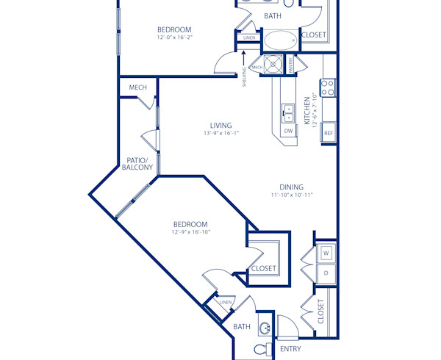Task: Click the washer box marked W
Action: tap(326, 253)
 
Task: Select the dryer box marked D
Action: tap(326, 273)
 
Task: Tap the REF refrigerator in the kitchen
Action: tap(329, 133)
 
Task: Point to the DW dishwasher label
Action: tap(288, 132)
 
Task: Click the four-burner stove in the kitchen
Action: tap(329, 88)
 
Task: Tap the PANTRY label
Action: tap(290, 65)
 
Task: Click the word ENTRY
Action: tap(290, 349)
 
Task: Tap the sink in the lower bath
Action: tap(265, 328)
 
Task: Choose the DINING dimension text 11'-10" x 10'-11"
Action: tap(291, 195)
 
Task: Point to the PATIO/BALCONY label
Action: tap(138, 164)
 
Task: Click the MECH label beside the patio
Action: tap(137, 87)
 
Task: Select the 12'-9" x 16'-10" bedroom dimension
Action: tap(190, 232)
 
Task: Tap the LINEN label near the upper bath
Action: tap(250, 37)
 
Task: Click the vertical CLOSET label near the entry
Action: tap(321, 312)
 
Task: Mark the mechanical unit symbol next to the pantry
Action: tap(275, 65)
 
